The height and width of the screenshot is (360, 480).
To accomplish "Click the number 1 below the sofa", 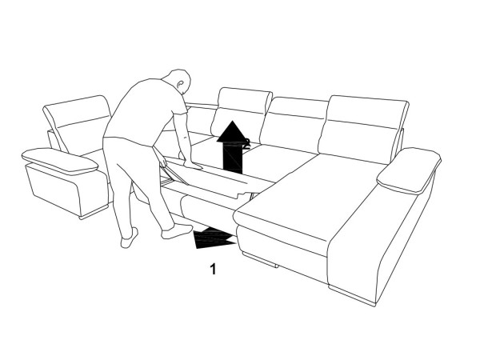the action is coord(213,269).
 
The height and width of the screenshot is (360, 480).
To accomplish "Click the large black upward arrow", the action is coord(233,147).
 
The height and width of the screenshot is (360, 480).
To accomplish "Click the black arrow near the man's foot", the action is coord(214,238).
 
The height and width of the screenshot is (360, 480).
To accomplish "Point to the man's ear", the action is coord(181,83).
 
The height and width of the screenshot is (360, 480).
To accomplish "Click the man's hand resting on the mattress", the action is coord(193,166).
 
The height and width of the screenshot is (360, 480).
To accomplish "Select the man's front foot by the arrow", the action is coord(177,232).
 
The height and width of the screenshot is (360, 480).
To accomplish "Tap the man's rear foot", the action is coord(129,238).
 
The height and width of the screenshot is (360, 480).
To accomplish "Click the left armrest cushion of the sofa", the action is coord(60,162).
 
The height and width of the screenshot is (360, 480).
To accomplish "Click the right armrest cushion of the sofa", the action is coord(409,170).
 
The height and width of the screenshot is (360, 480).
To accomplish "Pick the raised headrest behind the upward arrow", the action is coord(242,115).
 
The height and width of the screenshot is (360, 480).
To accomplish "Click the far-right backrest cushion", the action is coord(363,129).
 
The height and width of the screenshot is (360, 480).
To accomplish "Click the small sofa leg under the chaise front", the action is coord(260,259).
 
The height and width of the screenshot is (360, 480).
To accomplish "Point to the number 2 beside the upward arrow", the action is coord(246,143).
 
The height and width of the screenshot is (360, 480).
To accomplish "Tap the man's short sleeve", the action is coord(178,107).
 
